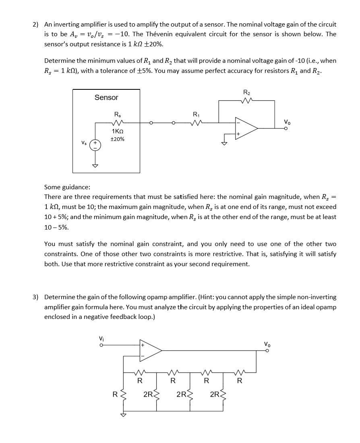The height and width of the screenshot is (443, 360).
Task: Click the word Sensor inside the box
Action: tap(106, 97)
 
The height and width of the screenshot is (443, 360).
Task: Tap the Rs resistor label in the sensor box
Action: tap(117, 114)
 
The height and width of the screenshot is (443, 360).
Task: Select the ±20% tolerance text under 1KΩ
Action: tap(117, 139)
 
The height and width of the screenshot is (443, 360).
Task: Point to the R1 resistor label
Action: tap(196, 114)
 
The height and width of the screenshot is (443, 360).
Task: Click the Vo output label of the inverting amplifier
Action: tap(287, 122)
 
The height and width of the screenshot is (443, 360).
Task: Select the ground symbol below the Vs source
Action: tap(95, 166)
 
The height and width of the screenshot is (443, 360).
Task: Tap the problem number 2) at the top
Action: tap(35, 24)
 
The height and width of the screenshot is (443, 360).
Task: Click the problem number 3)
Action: tap(35, 297)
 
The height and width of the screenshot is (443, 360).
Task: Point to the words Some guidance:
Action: tap(67, 187)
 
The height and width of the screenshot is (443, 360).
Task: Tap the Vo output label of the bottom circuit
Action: tap(267, 344)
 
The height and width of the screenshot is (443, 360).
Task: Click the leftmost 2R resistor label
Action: tap(148, 394)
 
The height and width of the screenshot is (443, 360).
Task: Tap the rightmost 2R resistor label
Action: tap(214, 394)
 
